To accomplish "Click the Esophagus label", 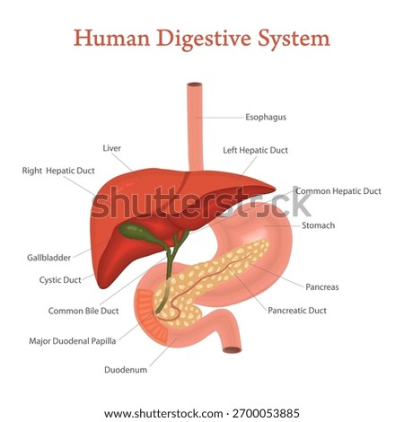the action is point(266,117).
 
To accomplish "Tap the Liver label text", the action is point(112,148).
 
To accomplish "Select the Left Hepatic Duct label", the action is point(255,150).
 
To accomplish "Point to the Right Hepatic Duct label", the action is point(58,171).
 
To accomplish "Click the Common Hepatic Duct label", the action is point(338,191).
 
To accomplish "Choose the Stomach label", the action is point(318,225).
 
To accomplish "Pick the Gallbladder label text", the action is point(48,258).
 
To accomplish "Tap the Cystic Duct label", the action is point(60,280).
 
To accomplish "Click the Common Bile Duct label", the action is point(83,311).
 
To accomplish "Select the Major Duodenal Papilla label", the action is point(73,341).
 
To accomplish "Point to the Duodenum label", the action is point(126,370).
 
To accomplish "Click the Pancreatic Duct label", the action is point(297,311).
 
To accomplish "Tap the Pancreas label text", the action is point(322,287).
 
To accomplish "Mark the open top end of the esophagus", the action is point(195,84).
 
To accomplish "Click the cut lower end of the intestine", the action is point(232,349).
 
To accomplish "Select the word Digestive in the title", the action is point(204,39).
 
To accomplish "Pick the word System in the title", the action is point(294,39).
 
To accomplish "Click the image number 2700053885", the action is point(266,413).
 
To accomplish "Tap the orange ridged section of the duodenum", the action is point(150,317).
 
